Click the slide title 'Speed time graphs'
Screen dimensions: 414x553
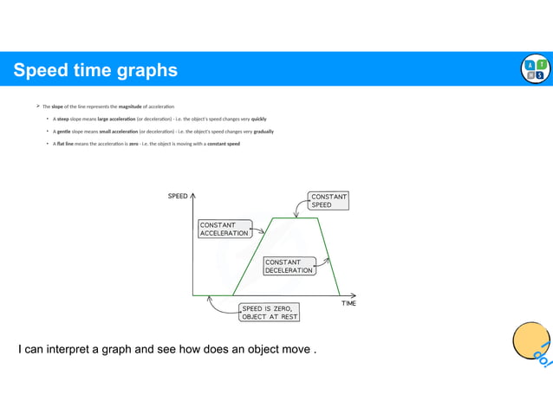click(95, 70)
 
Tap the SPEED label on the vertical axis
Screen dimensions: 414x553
click(178, 197)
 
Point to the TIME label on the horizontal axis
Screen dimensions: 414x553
click(348, 303)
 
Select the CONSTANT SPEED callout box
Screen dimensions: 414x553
click(328, 201)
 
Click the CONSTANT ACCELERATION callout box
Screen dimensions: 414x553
click(224, 229)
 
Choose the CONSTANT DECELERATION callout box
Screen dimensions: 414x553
click(289, 266)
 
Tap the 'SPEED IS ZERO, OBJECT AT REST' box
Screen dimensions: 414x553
click(270, 312)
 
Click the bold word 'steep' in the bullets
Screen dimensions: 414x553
click(63, 119)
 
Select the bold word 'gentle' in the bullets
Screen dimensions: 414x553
click(64, 132)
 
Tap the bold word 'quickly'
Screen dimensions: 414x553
click(258, 119)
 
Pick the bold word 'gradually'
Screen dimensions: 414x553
click(263, 132)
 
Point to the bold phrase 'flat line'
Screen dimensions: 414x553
click(65, 144)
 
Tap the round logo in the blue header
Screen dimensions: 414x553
click(535, 69)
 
